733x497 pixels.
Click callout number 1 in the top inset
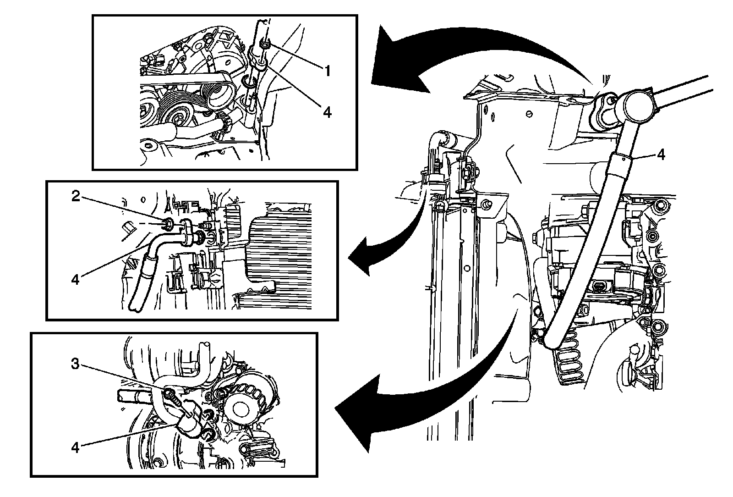pyautogui.click(x=327, y=71)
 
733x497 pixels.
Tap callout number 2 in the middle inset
pyautogui.click(x=76, y=196)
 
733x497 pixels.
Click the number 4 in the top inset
pyautogui.click(x=327, y=112)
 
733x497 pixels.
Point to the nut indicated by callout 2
pyautogui.click(x=168, y=223)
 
